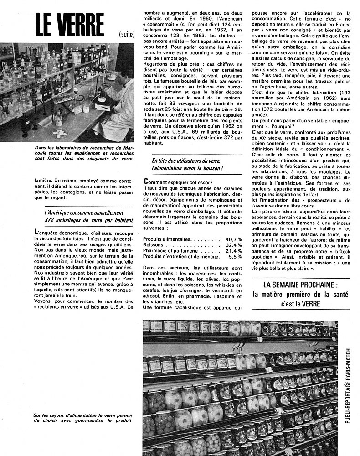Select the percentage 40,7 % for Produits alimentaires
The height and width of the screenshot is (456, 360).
(x=233, y=239)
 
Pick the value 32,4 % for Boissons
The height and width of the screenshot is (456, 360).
(x=233, y=245)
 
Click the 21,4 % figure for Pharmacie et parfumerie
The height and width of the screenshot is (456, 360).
(x=233, y=251)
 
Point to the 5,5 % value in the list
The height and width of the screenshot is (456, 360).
(x=234, y=257)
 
